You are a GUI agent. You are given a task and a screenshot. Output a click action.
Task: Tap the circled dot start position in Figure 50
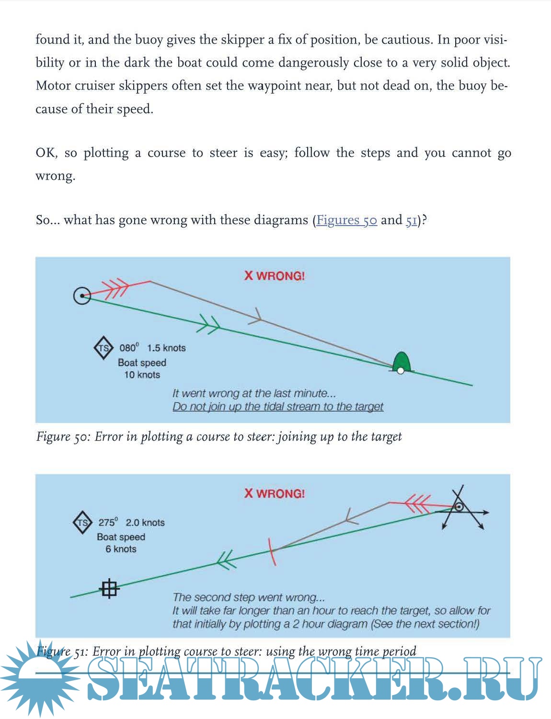click(x=82, y=296)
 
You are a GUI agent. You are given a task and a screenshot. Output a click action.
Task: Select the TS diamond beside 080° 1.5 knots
click(x=103, y=348)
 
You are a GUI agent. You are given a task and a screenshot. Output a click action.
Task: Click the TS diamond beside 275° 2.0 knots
click(x=82, y=523)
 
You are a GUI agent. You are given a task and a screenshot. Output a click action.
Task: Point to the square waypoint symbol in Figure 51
click(x=109, y=588)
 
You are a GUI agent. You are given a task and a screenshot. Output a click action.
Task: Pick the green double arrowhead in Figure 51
click(x=226, y=559)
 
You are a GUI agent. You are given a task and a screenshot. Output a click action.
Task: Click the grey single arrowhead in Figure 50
click(x=256, y=316)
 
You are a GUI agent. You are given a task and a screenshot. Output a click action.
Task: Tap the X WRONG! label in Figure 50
click(x=275, y=276)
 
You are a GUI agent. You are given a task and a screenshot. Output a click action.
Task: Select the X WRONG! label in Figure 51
click(x=275, y=493)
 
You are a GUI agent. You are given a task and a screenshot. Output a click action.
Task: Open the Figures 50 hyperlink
click(x=346, y=220)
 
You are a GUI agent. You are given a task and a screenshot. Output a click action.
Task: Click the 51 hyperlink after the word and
click(x=411, y=220)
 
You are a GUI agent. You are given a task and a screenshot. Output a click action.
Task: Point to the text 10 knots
click(x=142, y=375)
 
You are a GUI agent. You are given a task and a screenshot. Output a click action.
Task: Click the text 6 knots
click(x=121, y=549)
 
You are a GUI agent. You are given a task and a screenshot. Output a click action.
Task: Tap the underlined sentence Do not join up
click(x=278, y=407)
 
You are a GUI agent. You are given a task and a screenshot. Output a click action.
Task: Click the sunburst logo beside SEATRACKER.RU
click(x=38, y=675)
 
